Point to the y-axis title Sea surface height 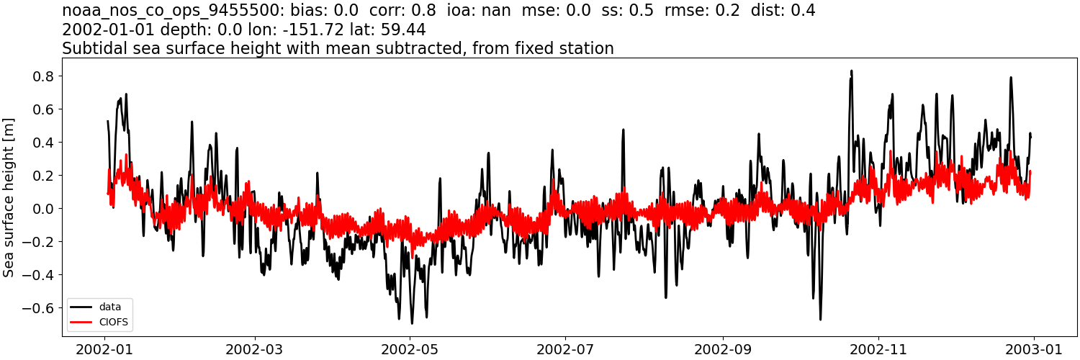pyautogui.click(x=9, y=198)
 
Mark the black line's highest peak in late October pyautogui.click(x=851, y=71)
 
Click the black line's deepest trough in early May pyautogui.click(x=412, y=323)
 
